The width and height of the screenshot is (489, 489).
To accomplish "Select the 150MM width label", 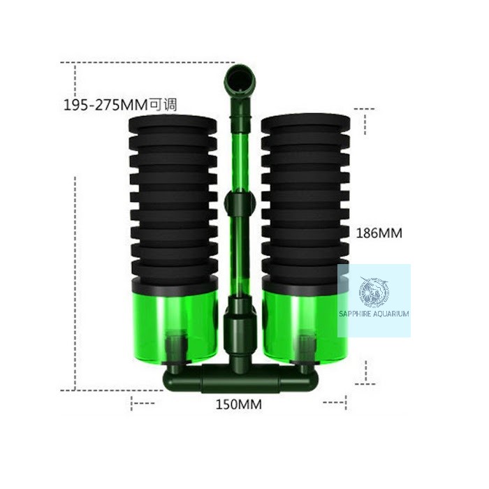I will point(239,404).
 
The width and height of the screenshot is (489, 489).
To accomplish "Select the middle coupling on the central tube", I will point(239,205).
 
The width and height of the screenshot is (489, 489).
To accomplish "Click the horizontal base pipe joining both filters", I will point(239,379).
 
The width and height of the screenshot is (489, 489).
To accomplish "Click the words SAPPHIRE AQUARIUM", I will point(373,314).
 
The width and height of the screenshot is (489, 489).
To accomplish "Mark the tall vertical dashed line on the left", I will point(75,279).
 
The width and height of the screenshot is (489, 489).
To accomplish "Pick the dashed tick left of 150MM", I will point(143,402).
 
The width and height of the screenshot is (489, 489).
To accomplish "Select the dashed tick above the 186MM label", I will point(365,109).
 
